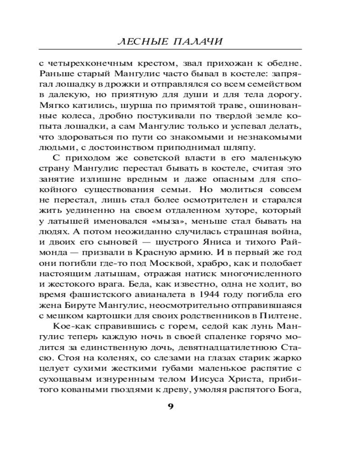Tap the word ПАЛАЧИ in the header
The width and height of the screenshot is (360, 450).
click(200, 42)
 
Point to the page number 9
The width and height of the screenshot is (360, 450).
click(171, 407)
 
